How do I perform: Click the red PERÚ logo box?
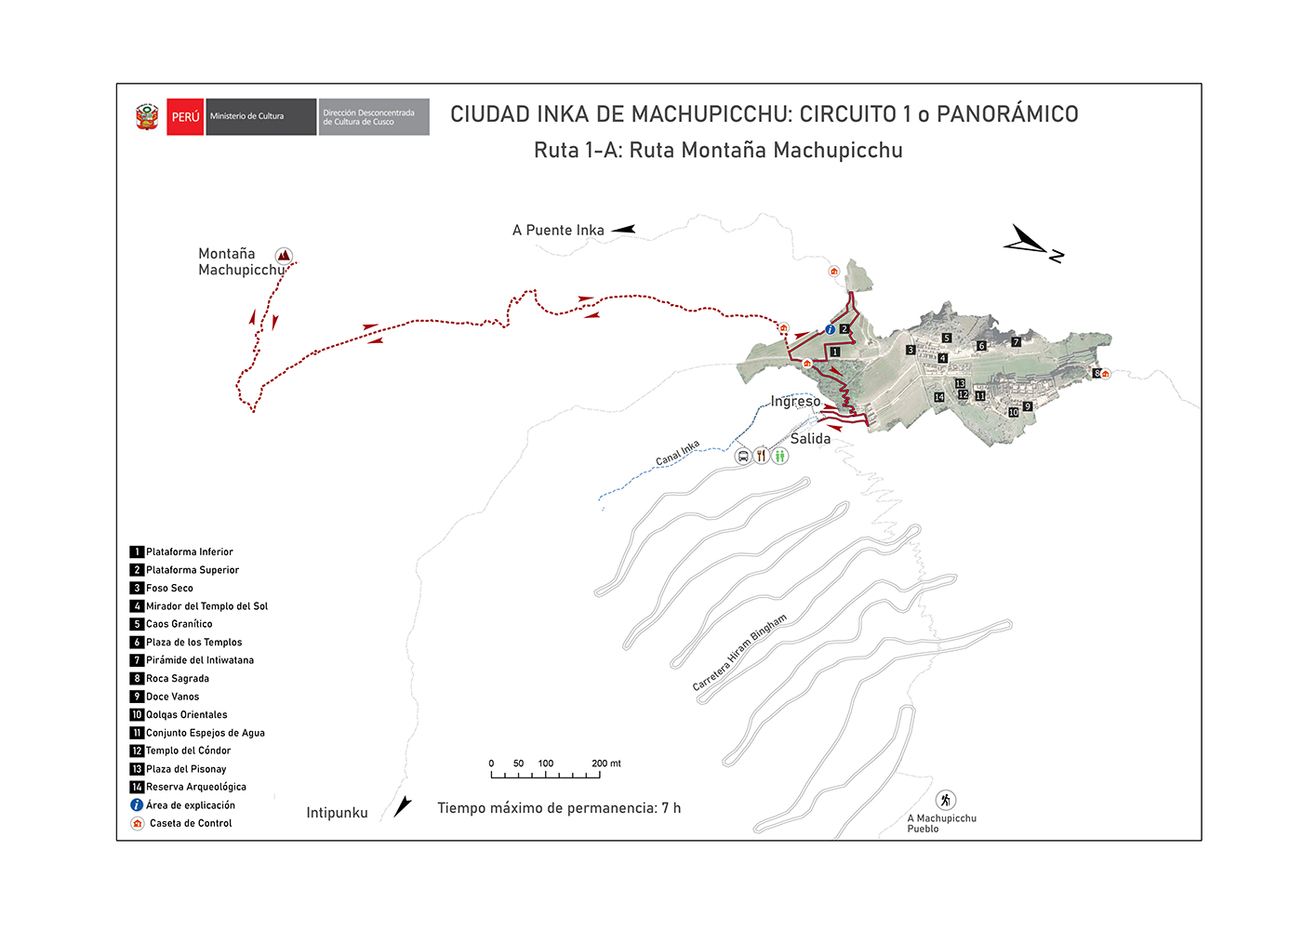[x=185, y=117]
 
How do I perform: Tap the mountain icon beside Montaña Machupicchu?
[x=284, y=256]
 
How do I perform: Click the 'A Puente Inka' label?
[x=558, y=231]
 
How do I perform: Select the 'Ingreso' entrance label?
[x=795, y=402]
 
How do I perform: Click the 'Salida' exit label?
[x=810, y=439]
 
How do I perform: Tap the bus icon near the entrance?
[x=743, y=456]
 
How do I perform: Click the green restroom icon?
[x=780, y=456]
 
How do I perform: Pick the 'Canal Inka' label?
[x=677, y=454]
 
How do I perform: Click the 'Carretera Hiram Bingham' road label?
[x=739, y=652]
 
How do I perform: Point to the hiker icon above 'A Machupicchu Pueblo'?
[x=946, y=800]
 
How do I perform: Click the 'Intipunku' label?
[x=337, y=813]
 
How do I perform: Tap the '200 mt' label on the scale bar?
[x=606, y=764]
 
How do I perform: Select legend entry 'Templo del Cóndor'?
[x=188, y=751]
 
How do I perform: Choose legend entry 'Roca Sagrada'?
[x=178, y=679]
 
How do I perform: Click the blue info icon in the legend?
[x=137, y=805]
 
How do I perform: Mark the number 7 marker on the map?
[x=1017, y=342]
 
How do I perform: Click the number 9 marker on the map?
[x=1028, y=406]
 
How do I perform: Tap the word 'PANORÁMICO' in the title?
[x=1007, y=114]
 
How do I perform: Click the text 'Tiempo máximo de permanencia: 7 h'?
[x=559, y=808]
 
